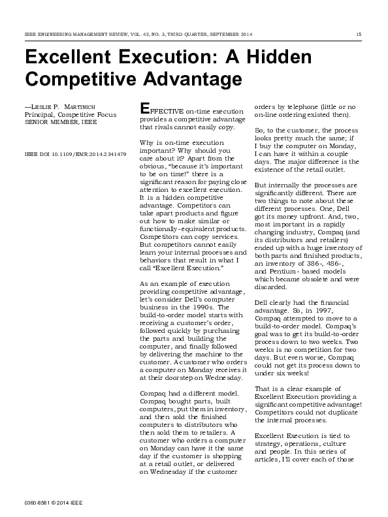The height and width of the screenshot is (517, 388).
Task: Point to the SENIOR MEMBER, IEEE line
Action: pos(57,121)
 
